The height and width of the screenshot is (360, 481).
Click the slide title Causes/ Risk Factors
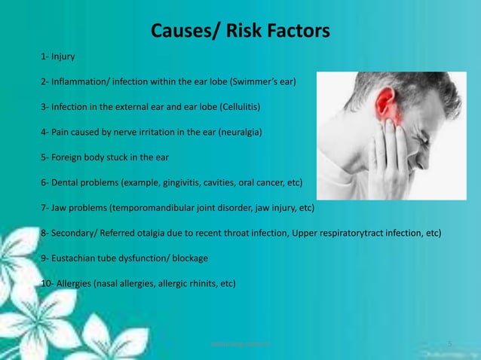pyautogui.click(x=240, y=31)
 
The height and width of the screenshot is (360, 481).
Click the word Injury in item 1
pyautogui.click(x=63, y=56)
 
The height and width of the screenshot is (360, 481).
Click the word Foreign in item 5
pyautogui.click(x=69, y=158)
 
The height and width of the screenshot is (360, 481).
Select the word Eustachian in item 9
pyautogui.click(x=77, y=259)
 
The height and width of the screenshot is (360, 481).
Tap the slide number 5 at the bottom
pyautogui.click(x=449, y=344)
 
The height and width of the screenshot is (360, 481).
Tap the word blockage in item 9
pyautogui.click(x=188, y=259)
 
